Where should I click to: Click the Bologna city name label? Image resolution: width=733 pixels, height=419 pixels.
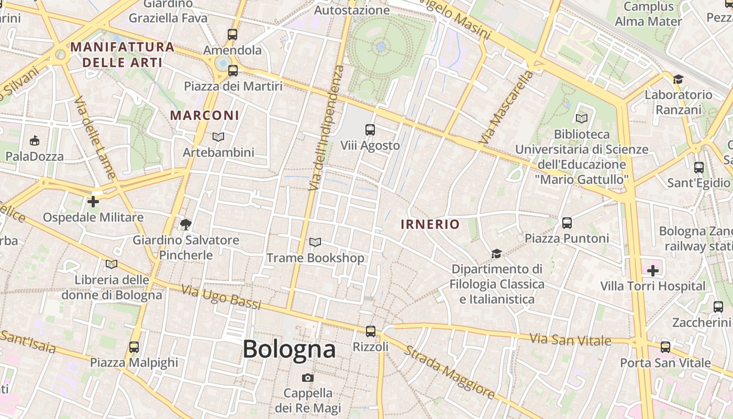289,349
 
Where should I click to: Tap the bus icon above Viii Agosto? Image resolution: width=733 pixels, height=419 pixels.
370,129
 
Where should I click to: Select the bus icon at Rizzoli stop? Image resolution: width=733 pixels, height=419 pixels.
371,331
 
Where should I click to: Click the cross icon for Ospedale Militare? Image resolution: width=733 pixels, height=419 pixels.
93,201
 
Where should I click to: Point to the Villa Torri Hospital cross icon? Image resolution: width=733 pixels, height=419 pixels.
653,271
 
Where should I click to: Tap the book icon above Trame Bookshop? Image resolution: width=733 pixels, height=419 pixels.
315,242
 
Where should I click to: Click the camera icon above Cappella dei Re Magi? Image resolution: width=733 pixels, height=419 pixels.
308,378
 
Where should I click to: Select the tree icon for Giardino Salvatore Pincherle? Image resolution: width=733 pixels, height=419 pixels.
185,225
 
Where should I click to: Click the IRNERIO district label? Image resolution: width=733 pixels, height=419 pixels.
430,225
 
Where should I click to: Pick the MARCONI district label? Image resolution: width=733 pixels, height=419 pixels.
205,115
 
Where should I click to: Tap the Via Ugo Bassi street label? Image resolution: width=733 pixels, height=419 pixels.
220,297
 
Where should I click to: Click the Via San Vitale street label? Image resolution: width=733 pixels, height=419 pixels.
570,340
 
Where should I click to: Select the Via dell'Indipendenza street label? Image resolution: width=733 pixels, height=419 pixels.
326,128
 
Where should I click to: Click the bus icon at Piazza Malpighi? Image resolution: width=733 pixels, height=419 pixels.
134,347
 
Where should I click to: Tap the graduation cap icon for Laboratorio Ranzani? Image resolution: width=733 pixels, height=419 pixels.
679,79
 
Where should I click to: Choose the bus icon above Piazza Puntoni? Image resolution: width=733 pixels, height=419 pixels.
567,223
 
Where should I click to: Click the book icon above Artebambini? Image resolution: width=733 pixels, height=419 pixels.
218,137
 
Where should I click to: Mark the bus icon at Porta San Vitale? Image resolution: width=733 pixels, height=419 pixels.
665,347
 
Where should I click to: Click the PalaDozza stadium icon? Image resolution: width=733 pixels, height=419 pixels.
35,140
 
